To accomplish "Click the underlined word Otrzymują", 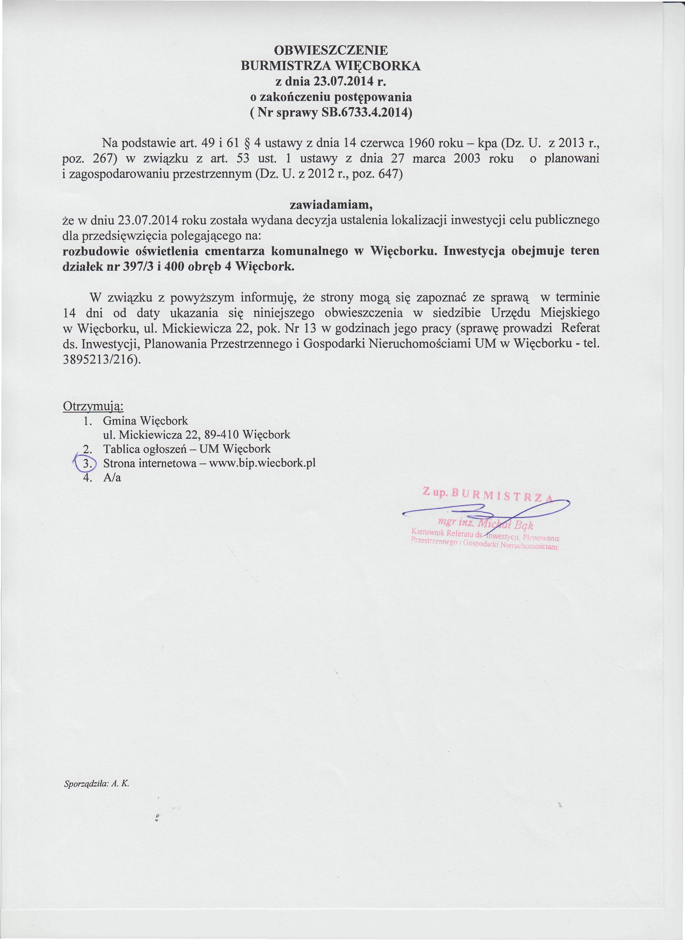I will pyautogui.click(x=93, y=406).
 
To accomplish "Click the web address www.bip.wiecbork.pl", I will pyautogui.click(x=262, y=463).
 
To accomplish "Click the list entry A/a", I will pyautogui.click(x=112, y=478).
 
